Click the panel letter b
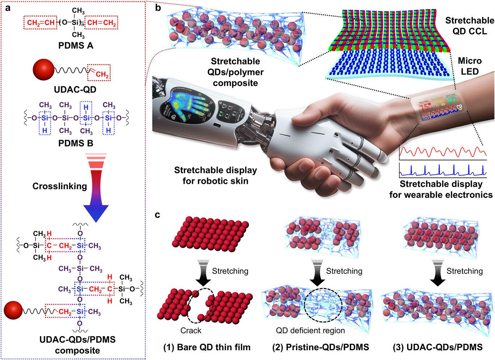tap(158, 8)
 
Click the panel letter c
tap(158, 215)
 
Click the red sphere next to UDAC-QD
tap(43, 70)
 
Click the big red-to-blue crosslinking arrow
tap(96, 188)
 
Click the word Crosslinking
tap(60, 186)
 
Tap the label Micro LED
tap(470, 66)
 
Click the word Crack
tap(191, 330)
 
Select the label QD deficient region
tap(310, 330)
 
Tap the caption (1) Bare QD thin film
tap(207, 347)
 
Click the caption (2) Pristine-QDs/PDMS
tap(320, 347)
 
